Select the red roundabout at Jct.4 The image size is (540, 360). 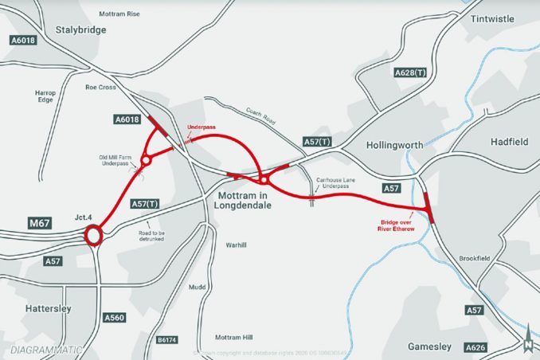tap(94, 236)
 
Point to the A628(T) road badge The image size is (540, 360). tap(411, 72)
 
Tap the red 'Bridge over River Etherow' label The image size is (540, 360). tap(396, 225)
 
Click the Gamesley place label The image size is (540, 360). tap(429, 346)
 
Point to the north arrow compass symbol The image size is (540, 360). tap(528, 337)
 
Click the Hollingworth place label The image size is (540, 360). tap(396, 146)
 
